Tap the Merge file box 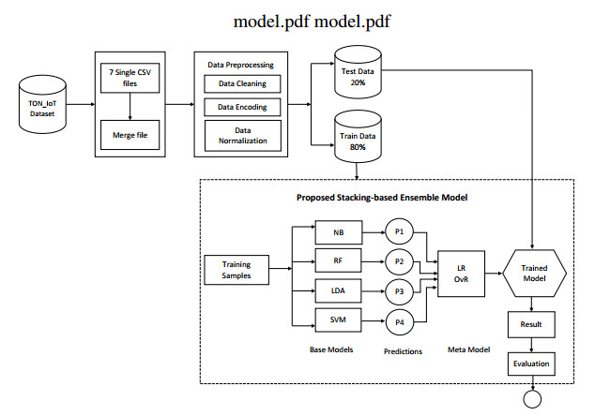(128, 135)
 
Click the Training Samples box (236, 270)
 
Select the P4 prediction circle (399, 323)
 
